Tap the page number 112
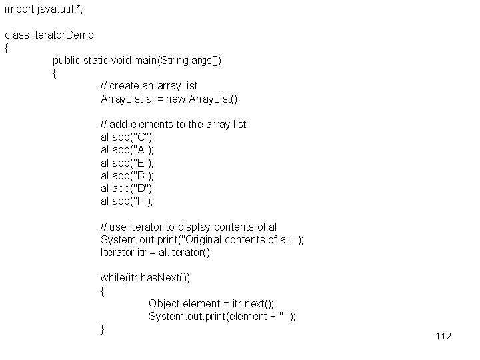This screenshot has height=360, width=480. click(443, 335)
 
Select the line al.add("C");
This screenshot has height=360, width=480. click(127, 137)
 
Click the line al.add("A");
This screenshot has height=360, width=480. click(127, 149)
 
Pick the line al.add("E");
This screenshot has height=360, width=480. click(127, 163)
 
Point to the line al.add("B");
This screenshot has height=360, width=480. click(127, 175)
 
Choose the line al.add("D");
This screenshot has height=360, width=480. click(127, 188)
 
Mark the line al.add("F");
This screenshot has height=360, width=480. click(127, 201)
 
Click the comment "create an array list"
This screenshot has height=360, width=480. click(149, 86)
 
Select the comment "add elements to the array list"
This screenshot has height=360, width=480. click(173, 124)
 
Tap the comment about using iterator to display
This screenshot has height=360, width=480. click(189, 227)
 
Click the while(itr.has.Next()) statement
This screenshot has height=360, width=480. click(145, 277)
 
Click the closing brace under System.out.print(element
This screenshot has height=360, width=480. click(102, 329)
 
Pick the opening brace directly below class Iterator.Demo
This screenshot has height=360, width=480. click(7, 48)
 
